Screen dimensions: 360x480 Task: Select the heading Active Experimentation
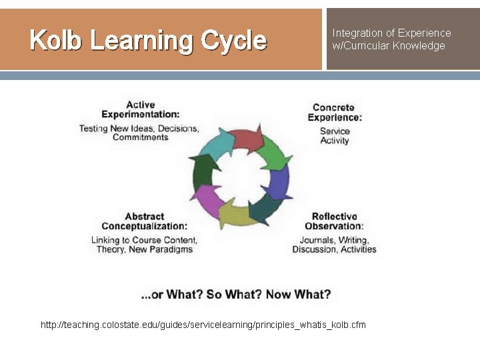pos(140,109)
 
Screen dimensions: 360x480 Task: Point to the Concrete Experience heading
pos(335,112)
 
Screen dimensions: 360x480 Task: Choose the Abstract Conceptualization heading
pos(144,221)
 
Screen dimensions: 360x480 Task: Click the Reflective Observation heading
pos(335,221)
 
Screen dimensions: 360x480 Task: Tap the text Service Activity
pos(335,136)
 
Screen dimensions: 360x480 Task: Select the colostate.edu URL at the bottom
pos(203,325)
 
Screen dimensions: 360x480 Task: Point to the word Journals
pos(317,240)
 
